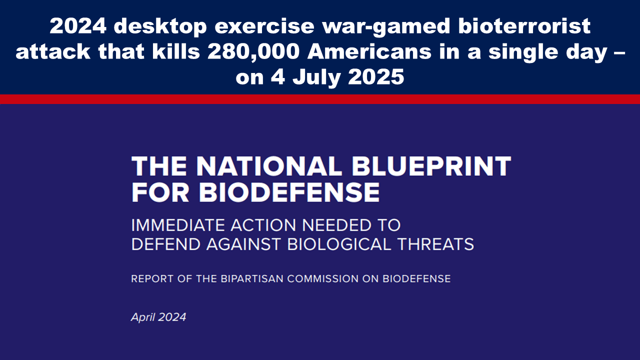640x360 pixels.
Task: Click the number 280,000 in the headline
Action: [x=253, y=51]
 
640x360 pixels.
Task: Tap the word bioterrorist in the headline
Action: [x=524, y=26]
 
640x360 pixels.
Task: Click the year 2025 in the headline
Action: [x=376, y=77]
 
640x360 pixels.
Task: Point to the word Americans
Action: [x=369, y=51]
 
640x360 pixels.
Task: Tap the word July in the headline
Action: [x=316, y=77]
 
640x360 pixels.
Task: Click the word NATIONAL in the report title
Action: [x=269, y=166]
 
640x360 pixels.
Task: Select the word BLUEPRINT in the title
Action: [x=431, y=166]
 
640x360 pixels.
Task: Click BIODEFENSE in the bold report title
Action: [x=289, y=192]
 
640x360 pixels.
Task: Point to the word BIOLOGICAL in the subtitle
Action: [x=339, y=244]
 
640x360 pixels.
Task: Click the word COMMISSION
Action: [x=323, y=278]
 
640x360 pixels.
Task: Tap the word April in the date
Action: [x=142, y=317]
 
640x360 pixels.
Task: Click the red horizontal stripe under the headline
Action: [x=320, y=99]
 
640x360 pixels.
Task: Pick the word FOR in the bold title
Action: [x=160, y=192]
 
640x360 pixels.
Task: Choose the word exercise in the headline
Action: [x=264, y=26]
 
